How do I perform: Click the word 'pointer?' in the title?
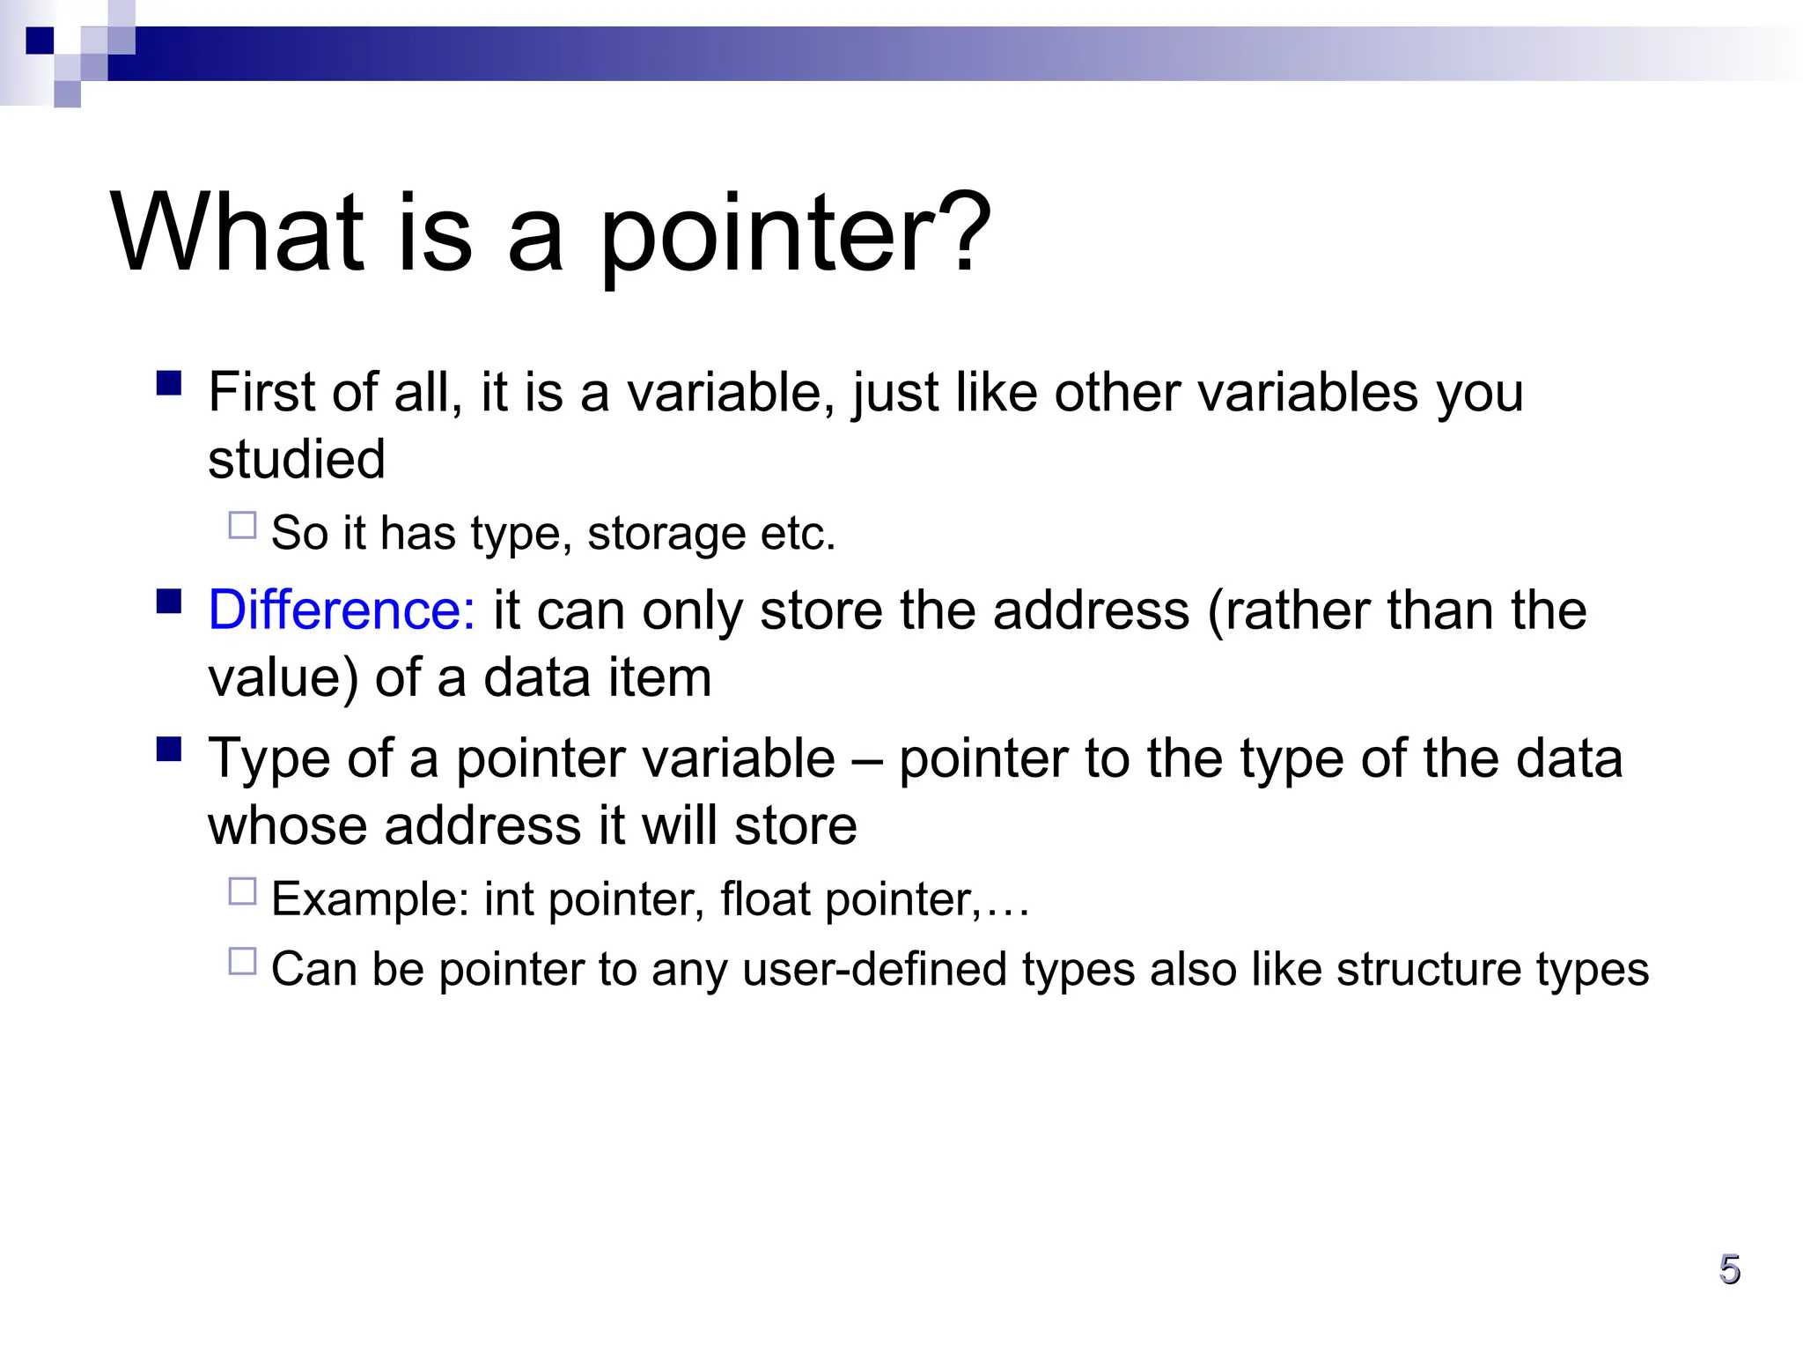(x=796, y=233)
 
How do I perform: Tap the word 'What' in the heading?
(x=238, y=233)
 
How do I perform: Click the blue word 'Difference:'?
(x=342, y=610)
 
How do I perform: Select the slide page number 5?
(x=1729, y=1270)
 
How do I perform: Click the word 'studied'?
(x=297, y=459)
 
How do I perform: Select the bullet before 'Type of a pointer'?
(x=169, y=750)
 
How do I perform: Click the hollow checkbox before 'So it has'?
(x=242, y=526)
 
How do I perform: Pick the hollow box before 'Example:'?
(x=242, y=891)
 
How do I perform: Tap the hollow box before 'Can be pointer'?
(x=242, y=961)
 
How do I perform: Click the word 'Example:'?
(x=370, y=899)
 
